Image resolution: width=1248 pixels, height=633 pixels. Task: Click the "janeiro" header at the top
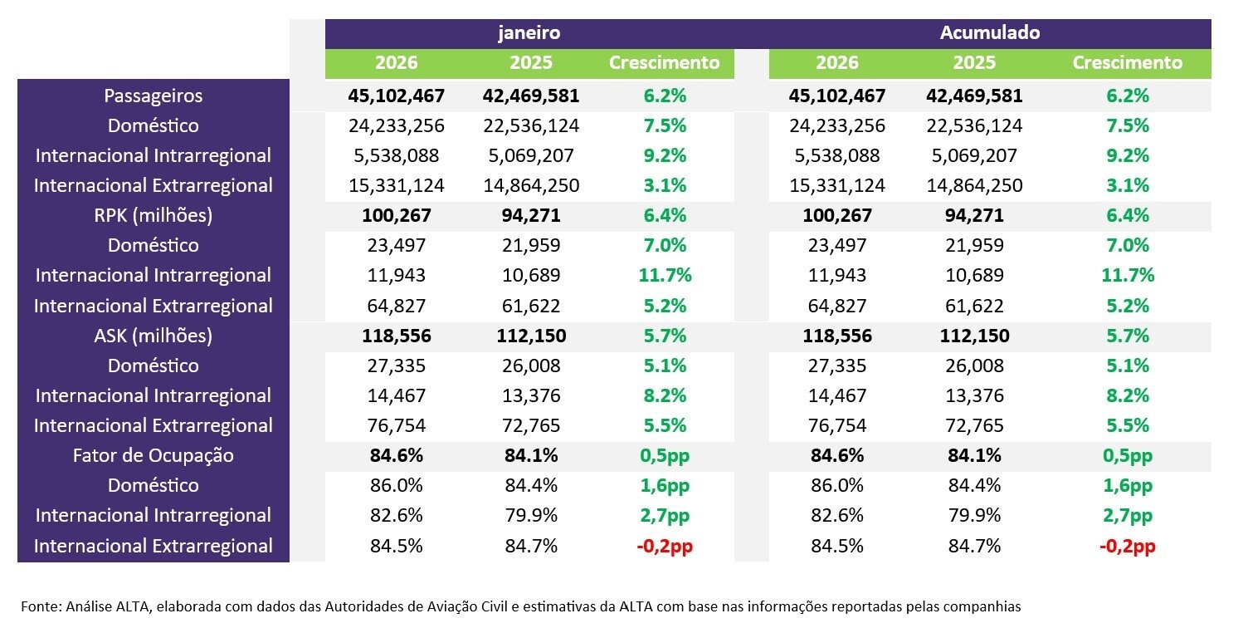click(x=529, y=33)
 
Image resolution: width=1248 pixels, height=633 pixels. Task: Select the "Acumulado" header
click(x=990, y=33)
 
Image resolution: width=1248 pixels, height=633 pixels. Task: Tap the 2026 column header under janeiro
click(x=397, y=63)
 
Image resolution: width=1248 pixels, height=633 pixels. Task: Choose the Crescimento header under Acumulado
click(x=1127, y=63)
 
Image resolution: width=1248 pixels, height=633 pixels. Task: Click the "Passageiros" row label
click(x=154, y=96)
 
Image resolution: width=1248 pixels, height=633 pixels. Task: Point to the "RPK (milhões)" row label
click(x=154, y=215)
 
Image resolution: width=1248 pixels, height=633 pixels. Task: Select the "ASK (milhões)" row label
click(x=154, y=336)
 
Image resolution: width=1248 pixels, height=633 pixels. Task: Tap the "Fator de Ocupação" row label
click(x=154, y=455)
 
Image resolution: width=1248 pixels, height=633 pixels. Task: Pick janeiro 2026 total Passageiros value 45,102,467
click(x=397, y=96)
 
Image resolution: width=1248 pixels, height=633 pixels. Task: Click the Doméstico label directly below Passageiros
click(x=154, y=125)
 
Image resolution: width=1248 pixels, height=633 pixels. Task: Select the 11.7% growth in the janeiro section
click(x=664, y=275)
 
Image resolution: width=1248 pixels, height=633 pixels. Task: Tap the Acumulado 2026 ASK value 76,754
click(x=837, y=425)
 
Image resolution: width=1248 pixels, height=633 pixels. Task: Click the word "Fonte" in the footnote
click(x=38, y=606)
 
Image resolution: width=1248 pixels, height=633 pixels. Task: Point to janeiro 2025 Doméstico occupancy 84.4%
click(x=531, y=485)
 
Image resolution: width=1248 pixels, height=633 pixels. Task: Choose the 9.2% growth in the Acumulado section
click(x=1127, y=155)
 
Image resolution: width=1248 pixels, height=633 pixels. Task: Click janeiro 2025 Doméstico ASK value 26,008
click(x=531, y=366)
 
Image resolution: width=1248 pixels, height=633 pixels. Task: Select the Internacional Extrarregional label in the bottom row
click(x=154, y=546)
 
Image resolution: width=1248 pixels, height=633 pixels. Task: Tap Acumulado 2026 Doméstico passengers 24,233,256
click(x=837, y=125)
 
